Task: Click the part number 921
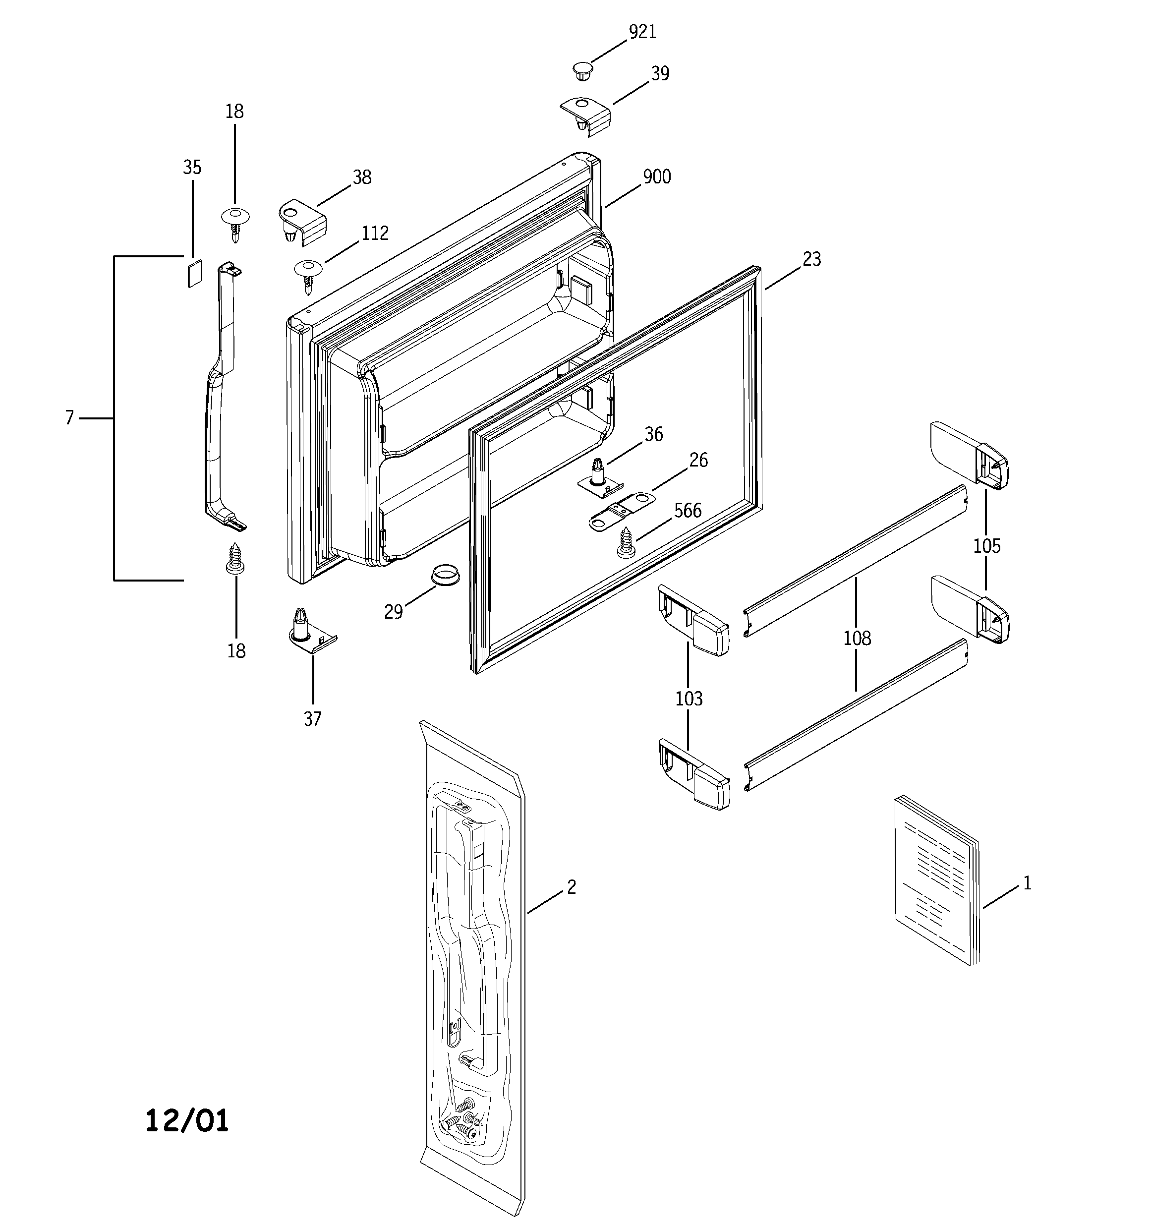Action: click(642, 32)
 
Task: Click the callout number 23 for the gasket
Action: click(812, 259)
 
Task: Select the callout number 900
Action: click(657, 177)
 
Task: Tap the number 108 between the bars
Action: click(857, 638)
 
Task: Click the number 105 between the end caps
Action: click(986, 546)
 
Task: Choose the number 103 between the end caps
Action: click(689, 699)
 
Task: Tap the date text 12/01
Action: click(186, 1121)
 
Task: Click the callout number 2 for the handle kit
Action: click(571, 887)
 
